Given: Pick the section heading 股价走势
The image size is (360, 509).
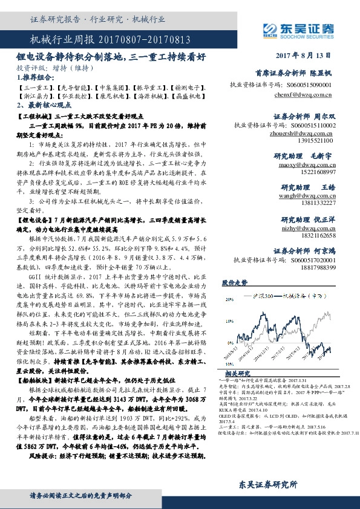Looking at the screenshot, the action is click(235, 282).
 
